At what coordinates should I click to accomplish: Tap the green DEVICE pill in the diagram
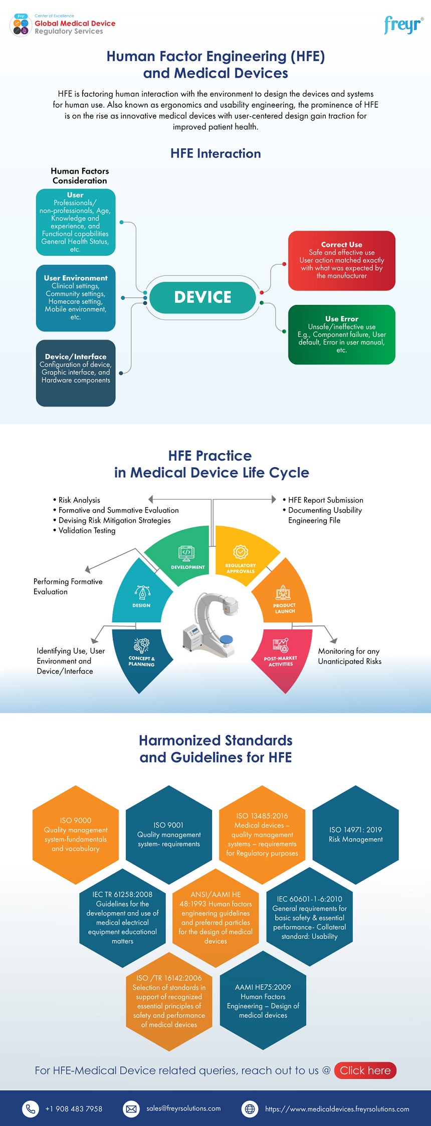203,297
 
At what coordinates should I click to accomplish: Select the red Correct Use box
342,260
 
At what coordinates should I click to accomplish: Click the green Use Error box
342,334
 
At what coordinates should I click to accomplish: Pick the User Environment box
76,298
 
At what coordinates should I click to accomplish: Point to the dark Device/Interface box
76,372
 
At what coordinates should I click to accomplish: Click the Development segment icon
186,553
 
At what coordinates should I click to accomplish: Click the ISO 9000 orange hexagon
76,834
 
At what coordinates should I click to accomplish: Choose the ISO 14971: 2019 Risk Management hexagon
355,834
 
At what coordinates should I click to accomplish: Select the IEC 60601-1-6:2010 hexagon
309,917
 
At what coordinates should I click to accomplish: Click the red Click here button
365,1070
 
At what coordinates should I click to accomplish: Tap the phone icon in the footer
31,1108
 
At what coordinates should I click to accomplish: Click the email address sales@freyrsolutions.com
183,1108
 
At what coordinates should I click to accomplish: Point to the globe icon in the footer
250,1108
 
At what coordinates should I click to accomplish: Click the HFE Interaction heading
215,153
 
